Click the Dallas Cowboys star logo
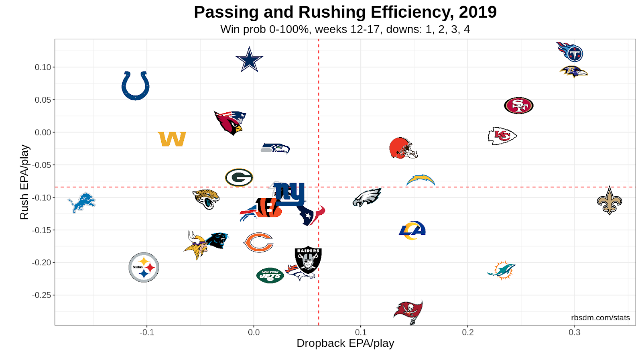[249, 60]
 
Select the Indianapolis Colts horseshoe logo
[136, 85]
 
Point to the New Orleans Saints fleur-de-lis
[609, 200]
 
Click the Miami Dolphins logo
[502, 270]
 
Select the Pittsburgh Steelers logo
[144, 267]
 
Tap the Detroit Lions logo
[81, 202]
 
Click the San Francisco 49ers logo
[518, 106]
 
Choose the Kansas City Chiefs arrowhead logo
[502, 136]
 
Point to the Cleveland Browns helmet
[403, 148]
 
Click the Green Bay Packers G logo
[239, 177]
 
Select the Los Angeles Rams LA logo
[412, 230]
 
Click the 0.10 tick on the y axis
[43, 67]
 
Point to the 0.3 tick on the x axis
[574, 332]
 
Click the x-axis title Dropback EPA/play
[345, 344]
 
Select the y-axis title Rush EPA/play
[24, 182]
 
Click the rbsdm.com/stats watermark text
[600, 318]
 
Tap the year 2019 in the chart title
[477, 12]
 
